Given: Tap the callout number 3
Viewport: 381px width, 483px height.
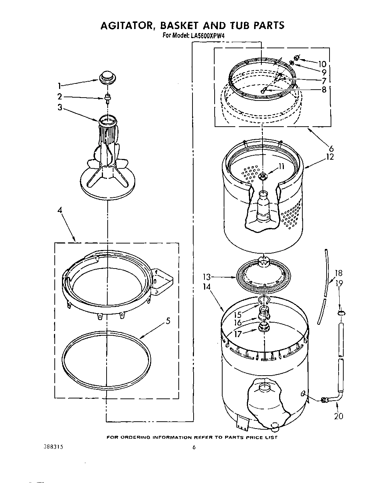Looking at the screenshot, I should coord(60,108).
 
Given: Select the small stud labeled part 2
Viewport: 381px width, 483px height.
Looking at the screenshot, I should coord(108,97).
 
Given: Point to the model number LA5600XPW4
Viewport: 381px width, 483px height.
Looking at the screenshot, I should coord(205,36).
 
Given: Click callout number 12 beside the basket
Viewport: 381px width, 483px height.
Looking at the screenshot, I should coord(330,157).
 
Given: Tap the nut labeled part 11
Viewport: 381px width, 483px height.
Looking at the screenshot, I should coord(263,176).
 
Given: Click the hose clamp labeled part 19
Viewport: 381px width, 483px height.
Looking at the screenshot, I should coord(340,312).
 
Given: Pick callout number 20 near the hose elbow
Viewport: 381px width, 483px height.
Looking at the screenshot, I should coord(338,416).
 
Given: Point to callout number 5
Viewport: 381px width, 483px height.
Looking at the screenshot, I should coord(167,321).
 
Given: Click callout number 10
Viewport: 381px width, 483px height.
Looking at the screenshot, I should coord(322,64).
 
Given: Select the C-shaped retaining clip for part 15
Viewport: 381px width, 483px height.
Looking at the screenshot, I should coord(264,299).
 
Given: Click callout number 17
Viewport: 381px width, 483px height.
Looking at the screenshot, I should coord(238,334).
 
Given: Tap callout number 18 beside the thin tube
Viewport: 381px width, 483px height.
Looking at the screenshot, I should coord(338,273).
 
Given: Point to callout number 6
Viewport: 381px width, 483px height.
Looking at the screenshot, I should coord(331,148).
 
